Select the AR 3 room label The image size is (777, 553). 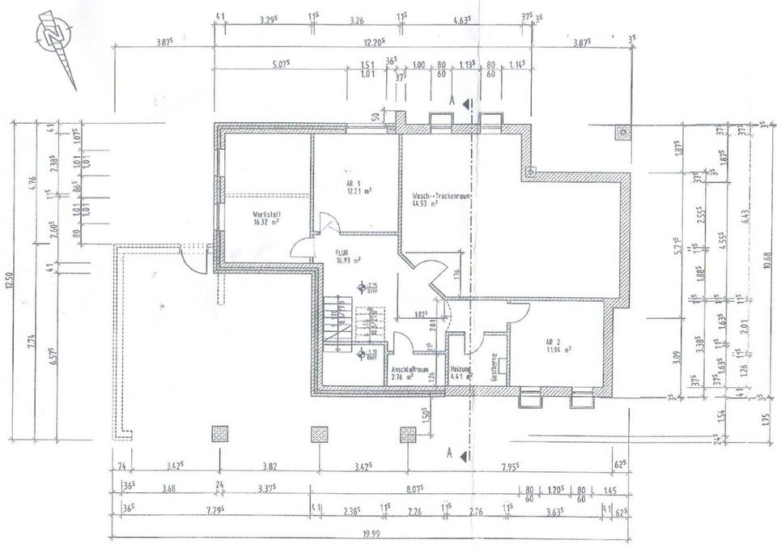pos(354,184)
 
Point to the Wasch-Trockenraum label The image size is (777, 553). pos(442,196)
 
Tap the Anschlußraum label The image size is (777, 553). pos(410,368)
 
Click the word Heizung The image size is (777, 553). pos(462,368)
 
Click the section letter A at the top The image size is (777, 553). pos(451,102)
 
